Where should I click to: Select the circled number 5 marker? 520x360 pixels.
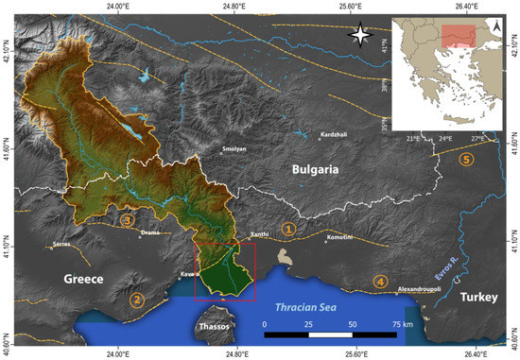pos(463,160)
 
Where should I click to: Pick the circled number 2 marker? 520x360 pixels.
pos(137,300)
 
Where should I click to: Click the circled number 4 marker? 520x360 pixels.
pos(380,281)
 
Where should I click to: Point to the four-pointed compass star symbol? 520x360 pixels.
pos(359,37)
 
